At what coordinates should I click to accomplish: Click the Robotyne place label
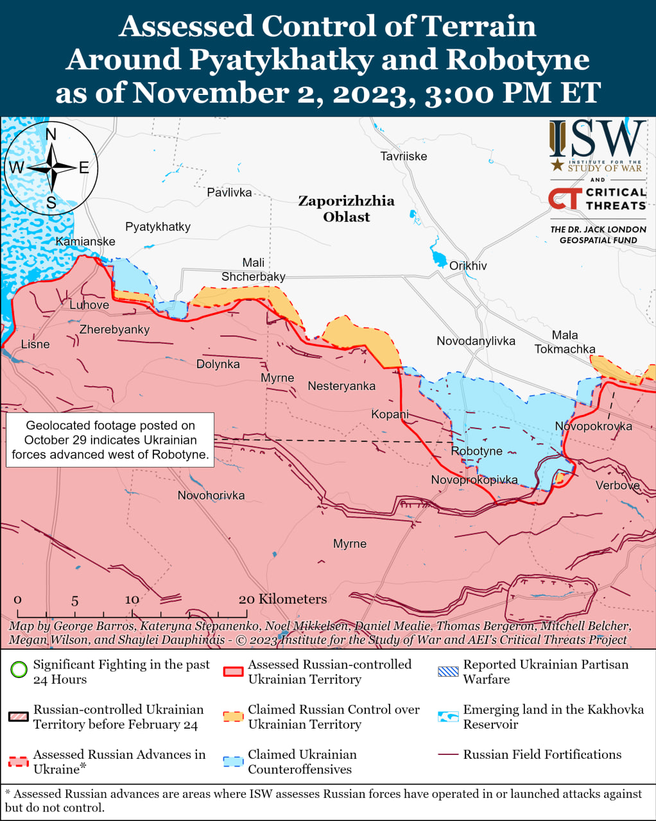point(476,451)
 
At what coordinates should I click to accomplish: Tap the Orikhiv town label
point(468,266)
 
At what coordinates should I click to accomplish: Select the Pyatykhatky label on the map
point(158,226)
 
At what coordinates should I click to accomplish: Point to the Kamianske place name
point(85,241)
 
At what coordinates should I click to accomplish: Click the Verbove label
point(617,486)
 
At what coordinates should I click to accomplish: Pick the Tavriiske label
point(403,156)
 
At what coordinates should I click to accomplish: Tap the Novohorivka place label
point(211,495)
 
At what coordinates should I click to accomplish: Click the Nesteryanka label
point(341,385)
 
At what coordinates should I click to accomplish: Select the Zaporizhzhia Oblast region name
point(346,208)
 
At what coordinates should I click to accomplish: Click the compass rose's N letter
point(51,134)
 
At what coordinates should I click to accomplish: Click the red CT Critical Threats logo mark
point(565,198)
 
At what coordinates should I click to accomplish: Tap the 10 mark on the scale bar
point(132,600)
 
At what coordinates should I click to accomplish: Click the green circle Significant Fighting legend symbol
point(19,670)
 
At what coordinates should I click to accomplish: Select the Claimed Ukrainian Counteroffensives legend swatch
point(233,761)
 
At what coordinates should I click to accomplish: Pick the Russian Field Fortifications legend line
point(448,755)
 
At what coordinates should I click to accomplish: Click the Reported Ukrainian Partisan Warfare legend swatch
point(448,672)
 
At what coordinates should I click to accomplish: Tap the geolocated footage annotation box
point(110,440)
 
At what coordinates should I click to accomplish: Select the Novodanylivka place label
point(476,341)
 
